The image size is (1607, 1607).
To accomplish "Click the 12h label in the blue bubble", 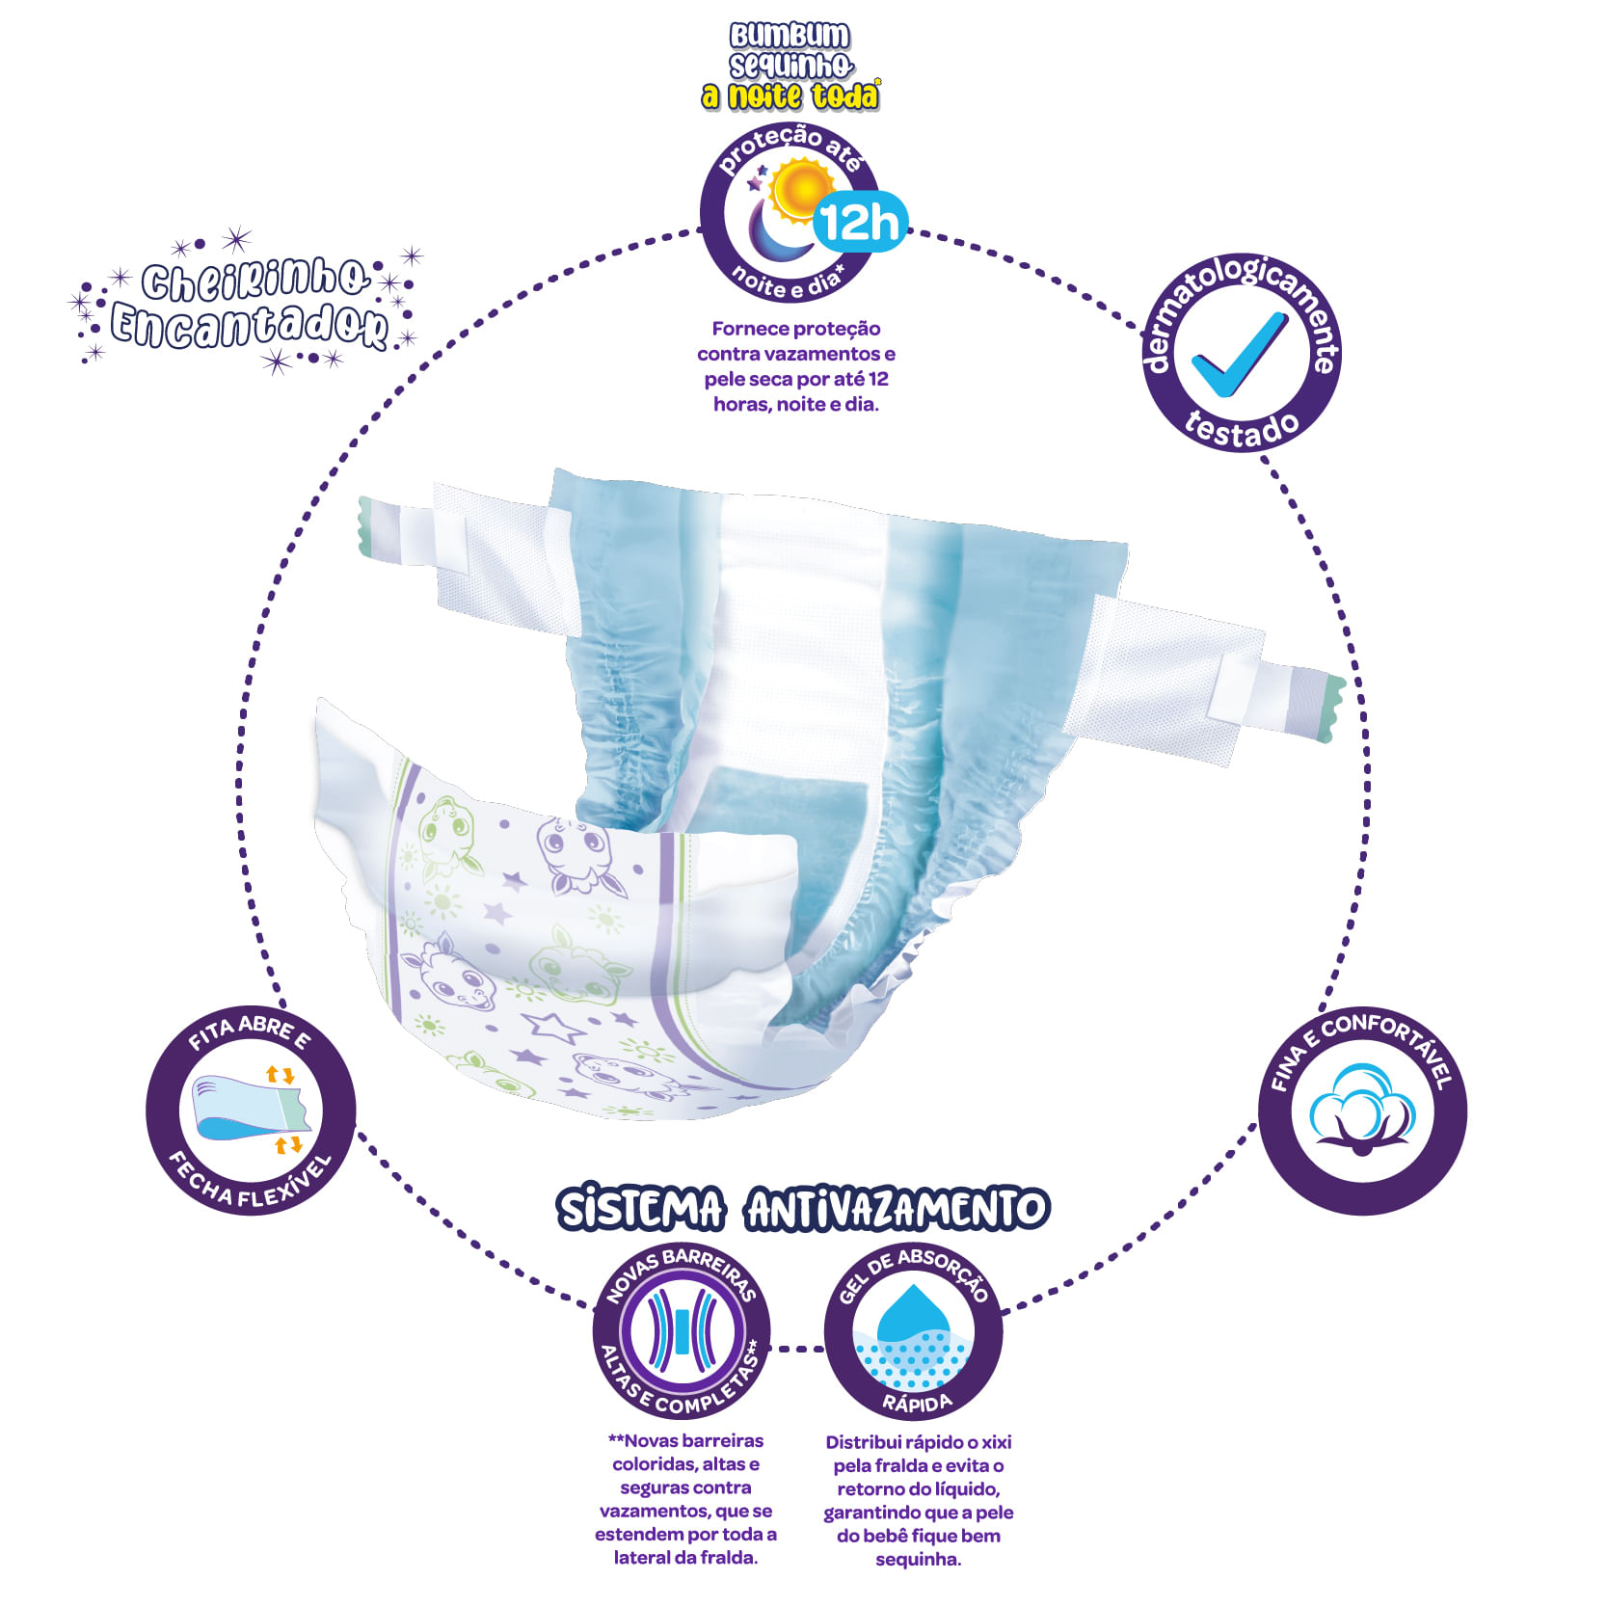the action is point(861,223).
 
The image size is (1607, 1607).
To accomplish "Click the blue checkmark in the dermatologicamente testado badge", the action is point(1240,355).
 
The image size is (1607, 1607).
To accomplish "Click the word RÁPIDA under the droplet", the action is point(917,1403).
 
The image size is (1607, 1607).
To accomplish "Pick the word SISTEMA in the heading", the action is point(640,1209).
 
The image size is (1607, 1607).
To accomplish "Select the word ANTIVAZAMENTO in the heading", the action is point(897,1209).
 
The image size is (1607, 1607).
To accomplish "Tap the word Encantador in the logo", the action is point(250,326).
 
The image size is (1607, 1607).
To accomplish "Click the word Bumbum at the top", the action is point(790,36).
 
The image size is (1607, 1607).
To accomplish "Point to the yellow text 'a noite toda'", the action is point(790,95).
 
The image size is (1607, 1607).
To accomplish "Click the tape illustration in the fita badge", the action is point(250,1108).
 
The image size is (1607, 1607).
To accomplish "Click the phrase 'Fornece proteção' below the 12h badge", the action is point(796,329).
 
